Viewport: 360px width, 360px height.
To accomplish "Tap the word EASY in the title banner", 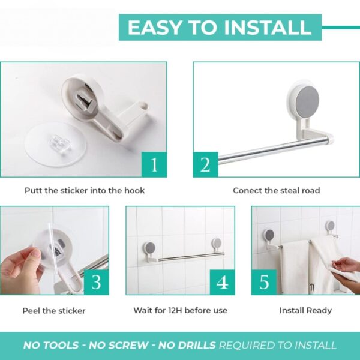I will pyautogui.click(x=153, y=28).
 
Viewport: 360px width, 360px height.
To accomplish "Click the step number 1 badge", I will pyautogui.click(x=154, y=164).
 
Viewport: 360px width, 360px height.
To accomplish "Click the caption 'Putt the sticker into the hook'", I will pyautogui.click(x=85, y=190).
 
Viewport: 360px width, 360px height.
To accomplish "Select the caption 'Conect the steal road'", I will pyautogui.click(x=277, y=190).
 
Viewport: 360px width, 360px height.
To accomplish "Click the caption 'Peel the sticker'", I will pyautogui.click(x=54, y=311).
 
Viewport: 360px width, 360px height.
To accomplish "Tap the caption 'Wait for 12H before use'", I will pyautogui.click(x=180, y=311).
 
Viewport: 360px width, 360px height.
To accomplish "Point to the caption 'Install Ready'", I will pyautogui.click(x=305, y=311).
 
